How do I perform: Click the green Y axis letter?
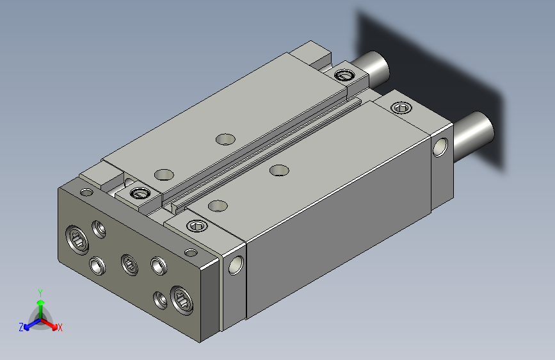coord(40,293)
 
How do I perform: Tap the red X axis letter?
coord(60,328)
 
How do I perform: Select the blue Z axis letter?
coord(21,327)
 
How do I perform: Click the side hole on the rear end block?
coord(440,147)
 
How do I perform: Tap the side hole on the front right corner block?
coord(236,265)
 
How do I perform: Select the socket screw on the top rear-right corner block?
coord(401,108)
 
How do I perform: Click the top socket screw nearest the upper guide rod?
coord(345,75)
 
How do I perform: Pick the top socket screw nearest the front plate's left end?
coord(141,193)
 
